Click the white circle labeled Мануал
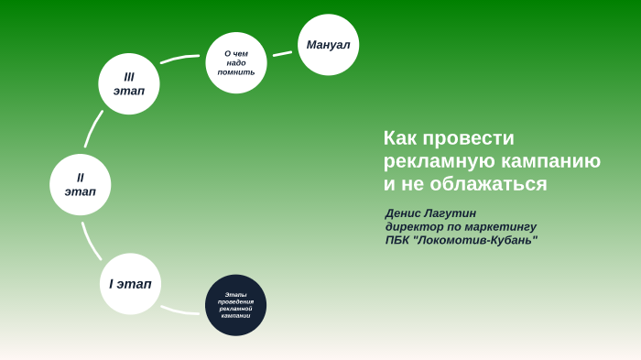[x=328, y=45]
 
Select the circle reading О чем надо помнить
[x=236, y=62]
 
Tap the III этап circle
[x=129, y=83]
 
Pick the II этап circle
[x=81, y=184]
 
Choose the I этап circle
[x=130, y=283]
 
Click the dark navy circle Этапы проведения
[x=235, y=305]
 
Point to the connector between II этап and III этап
[x=93, y=129]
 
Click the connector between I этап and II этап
[x=90, y=242]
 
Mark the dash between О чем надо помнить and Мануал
[x=282, y=53]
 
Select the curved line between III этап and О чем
[x=179, y=59]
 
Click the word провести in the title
[x=470, y=138]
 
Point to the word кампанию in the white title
[x=549, y=161]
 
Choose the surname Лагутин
[x=454, y=213]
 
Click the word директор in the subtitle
[x=416, y=226]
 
